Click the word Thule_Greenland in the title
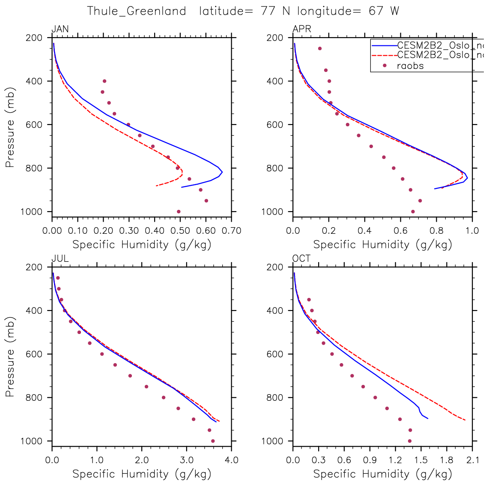(x=137, y=11)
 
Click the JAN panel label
(x=60, y=30)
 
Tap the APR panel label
(x=301, y=30)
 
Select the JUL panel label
(x=60, y=259)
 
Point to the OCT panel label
(x=301, y=259)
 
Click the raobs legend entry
(x=410, y=66)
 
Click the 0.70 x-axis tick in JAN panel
(x=232, y=231)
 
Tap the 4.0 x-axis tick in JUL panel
(x=232, y=460)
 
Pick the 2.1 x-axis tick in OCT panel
(x=472, y=460)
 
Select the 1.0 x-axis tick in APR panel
(x=472, y=231)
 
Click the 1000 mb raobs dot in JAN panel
(x=179, y=212)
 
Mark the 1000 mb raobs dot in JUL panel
(x=213, y=441)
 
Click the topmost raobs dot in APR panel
(x=319, y=48)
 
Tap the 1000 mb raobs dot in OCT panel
(x=409, y=441)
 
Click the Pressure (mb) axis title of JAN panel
(x=10, y=127)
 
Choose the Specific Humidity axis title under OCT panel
(x=383, y=474)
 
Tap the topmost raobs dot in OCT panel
(x=309, y=300)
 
